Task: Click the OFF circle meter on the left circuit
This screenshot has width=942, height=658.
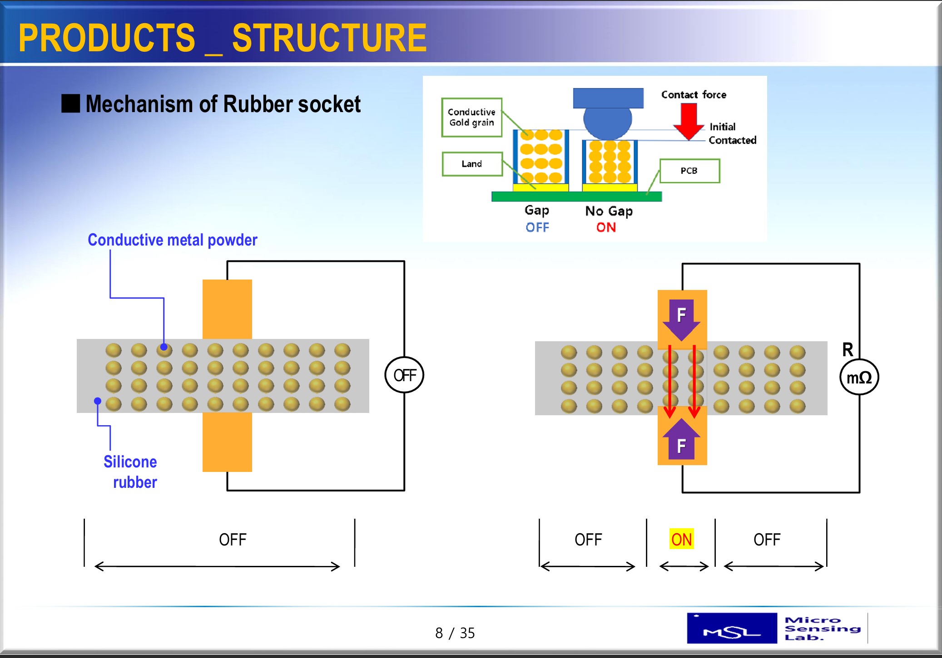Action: coord(404,375)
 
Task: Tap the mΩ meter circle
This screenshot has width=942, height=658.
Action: coord(859,377)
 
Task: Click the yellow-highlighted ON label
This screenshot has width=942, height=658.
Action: coord(681,539)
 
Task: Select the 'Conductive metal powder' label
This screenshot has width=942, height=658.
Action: coord(172,240)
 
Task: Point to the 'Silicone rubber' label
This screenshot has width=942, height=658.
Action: coord(130,471)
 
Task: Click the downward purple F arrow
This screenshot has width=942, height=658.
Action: coord(681,319)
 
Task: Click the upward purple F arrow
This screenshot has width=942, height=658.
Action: coord(681,439)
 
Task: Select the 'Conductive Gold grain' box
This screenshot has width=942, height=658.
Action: coord(471,117)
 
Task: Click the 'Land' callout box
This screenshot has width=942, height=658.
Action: coord(472,164)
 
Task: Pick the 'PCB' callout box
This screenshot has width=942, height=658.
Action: coord(689,171)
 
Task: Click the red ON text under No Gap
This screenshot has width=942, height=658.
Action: coord(606,227)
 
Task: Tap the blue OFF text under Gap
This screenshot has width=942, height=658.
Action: coord(537,227)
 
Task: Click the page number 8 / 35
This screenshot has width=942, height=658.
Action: coord(455,633)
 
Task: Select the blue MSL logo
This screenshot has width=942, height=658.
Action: coord(732,628)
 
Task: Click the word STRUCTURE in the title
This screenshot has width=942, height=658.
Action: coord(329,38)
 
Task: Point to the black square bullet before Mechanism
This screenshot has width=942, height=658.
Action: coord(71,103)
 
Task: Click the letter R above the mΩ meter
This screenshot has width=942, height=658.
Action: coord(848,349)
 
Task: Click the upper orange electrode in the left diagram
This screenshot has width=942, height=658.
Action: coord(227,309)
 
